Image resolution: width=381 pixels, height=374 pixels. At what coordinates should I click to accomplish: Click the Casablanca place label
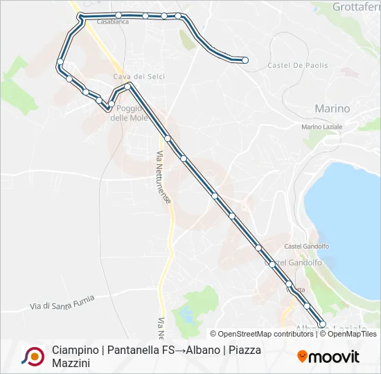113,22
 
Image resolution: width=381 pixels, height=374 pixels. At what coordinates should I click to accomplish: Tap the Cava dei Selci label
139,76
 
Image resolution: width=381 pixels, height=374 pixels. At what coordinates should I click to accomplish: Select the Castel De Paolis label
297,66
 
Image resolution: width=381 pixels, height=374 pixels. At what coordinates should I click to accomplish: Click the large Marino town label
332,109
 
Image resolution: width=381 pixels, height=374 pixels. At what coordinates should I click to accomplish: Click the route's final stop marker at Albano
322,324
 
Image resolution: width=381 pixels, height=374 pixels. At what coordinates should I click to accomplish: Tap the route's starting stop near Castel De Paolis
245,60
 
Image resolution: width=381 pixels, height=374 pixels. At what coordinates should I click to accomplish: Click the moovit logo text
334,357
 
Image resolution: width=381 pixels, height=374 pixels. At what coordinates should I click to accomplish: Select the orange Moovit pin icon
302,356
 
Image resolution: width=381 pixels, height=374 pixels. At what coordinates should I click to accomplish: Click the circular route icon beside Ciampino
33,356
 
